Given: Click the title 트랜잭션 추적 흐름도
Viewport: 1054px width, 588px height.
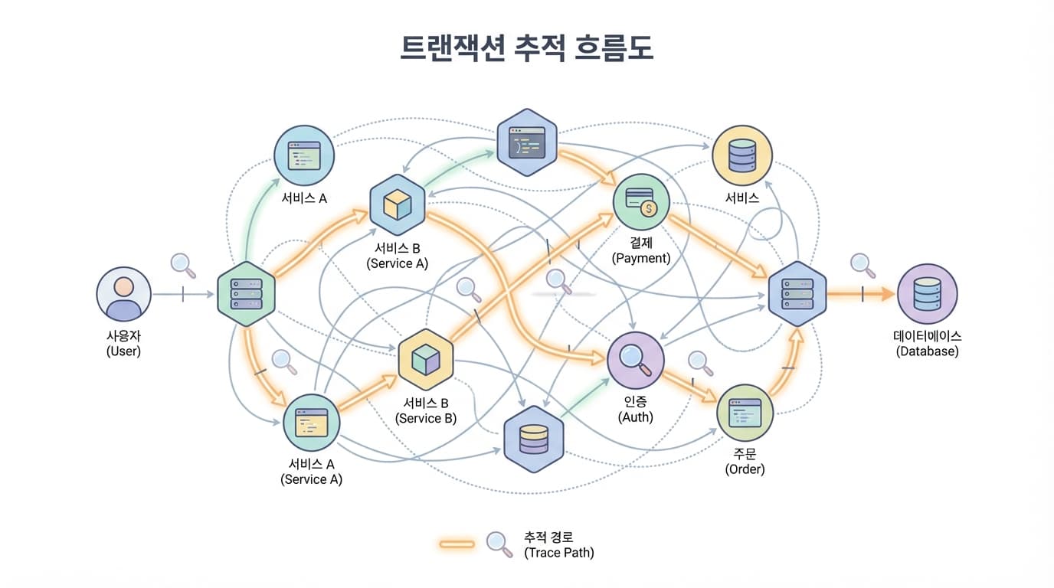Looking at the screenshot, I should (526, 48).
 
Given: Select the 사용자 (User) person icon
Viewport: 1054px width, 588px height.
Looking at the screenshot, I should (123, 295).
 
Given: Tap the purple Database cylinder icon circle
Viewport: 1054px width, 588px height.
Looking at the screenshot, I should (927, 294).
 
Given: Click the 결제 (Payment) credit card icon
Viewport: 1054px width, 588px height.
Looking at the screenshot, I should (641, 202).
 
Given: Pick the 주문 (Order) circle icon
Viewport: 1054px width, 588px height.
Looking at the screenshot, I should (745, 413).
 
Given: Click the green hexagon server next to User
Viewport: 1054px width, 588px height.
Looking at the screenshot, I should (246, 294).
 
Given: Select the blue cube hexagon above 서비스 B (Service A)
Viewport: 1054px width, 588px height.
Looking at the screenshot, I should (398, 204).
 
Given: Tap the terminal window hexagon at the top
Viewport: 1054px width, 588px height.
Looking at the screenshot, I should (526, 142).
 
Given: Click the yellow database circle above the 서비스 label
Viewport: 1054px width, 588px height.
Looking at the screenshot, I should (742, 155).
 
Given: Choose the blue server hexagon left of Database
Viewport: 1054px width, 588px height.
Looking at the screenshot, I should (797, 294).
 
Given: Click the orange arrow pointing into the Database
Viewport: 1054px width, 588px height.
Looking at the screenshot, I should (862, 294).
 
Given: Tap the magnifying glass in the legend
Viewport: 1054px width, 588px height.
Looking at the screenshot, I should (499, 544).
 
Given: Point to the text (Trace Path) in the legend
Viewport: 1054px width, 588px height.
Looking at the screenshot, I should (558, 552).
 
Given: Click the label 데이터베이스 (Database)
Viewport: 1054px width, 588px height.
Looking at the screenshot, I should (927, 344).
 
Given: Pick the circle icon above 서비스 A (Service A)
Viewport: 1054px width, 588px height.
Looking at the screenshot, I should (312, 423).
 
